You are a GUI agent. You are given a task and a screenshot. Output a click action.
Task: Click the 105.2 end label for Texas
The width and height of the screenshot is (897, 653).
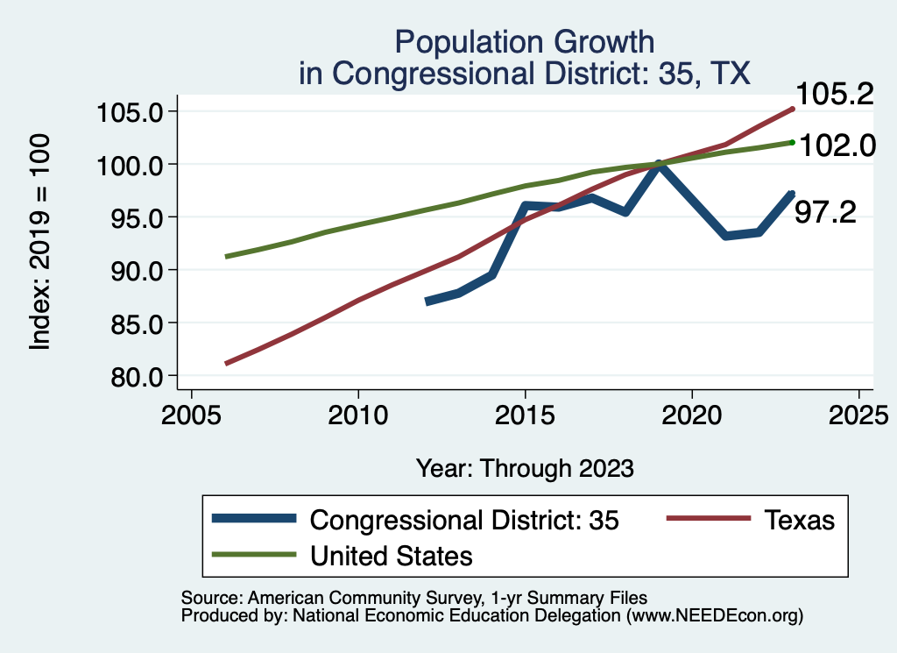point(834,93)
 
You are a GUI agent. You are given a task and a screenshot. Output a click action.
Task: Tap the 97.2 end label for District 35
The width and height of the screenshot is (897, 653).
point(824,212)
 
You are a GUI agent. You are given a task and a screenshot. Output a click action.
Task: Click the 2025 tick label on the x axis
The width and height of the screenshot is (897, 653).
point(858,411)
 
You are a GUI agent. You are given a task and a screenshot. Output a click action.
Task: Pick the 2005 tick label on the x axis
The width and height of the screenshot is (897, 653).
point(191,411)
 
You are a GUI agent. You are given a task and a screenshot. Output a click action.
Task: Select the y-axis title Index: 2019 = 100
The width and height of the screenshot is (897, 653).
point(40,243)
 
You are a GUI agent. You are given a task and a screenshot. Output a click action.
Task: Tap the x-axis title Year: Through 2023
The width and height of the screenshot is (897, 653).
point(524,468)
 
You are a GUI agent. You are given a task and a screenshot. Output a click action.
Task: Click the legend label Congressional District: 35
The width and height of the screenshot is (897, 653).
point(464,520)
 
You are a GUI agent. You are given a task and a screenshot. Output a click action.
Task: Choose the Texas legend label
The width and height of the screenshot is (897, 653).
point(799,520)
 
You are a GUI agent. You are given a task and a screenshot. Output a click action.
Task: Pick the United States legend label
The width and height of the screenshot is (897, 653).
point(391,555)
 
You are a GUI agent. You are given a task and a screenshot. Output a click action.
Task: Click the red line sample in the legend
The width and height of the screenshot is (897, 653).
point(709,520)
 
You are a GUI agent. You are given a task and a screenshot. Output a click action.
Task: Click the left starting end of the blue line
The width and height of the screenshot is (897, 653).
point(427,302)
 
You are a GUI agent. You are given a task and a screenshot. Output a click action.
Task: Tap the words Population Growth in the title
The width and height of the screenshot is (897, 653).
point(524,41)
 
